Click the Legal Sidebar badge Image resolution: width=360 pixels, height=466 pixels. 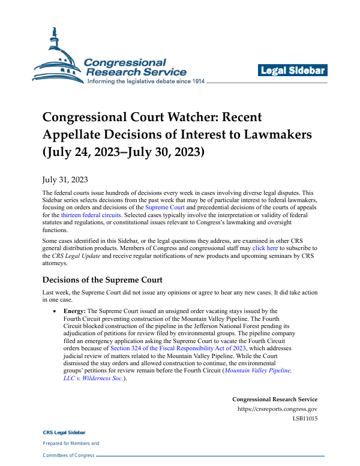[x=293, y=71]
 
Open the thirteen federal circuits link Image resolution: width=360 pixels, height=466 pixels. [x=91, y=214]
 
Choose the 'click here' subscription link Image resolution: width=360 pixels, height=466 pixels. [x=265, y=247]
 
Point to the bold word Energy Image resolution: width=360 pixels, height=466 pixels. [x=74, y=311]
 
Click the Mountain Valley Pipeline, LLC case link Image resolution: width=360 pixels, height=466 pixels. [x=259, y=371]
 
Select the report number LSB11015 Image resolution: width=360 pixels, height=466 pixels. [x=305, y=419]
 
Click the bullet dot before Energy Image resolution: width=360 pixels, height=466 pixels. [x=55, y=312]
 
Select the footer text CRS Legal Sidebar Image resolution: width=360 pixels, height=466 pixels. [x=64, y=432]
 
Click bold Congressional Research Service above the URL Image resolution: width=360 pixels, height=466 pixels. [x=275, y=399]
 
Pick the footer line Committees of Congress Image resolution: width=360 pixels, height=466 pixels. [x=69, y=455]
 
